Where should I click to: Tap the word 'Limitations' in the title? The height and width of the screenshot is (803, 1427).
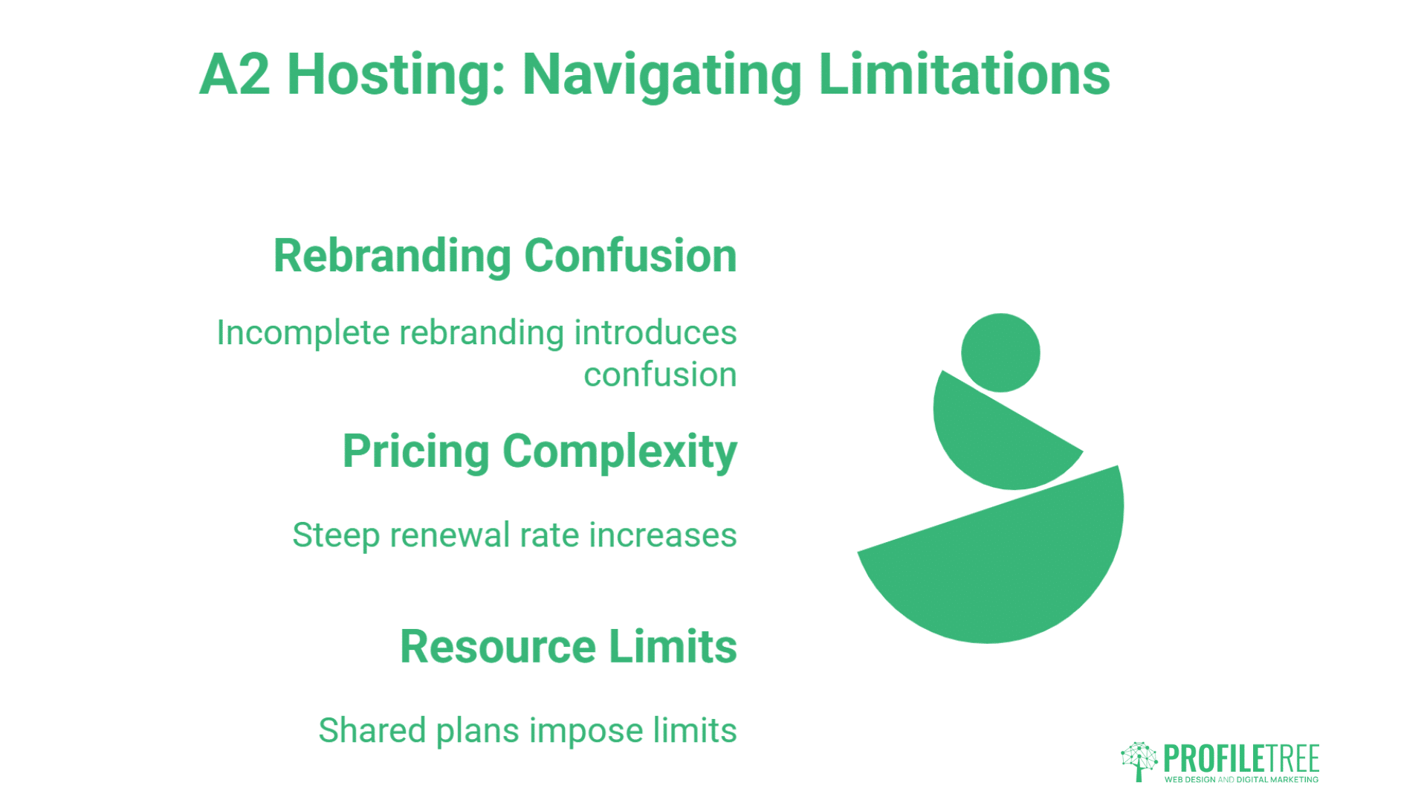pyautogui.click(x=964, y=75)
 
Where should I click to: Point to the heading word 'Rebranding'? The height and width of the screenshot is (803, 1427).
pyautogui.click(x=392, y=256)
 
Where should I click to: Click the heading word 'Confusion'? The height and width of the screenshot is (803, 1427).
pyautogui.click(x=630, y=256)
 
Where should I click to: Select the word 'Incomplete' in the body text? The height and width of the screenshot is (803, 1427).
pyautogui.click(x=302, y=333)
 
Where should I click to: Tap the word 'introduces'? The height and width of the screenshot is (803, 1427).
pyautogui.click(x=656, y=332)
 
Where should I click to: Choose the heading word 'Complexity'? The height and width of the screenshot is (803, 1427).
pyautogui.click(x=620, y=452)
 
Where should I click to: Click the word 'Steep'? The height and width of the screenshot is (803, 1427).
pyautogui.click(x=335, y=536)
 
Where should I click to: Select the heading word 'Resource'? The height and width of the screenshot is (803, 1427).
pyautogui.click(x=497, y=647)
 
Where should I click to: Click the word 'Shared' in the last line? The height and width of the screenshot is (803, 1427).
pyautogui.click(x=372, y=730)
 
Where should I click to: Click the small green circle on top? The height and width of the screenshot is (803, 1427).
pyautogui.click(x=1000, y=352)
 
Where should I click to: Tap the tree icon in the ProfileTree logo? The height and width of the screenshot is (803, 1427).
pyautogui.click(x=1139, y=761)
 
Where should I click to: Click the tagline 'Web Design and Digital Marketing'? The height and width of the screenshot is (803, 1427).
pyautogui.click(x=1241, y=780)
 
